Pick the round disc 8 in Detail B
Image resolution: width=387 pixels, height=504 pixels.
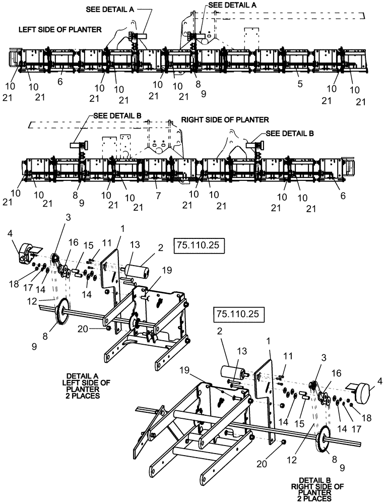327,440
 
